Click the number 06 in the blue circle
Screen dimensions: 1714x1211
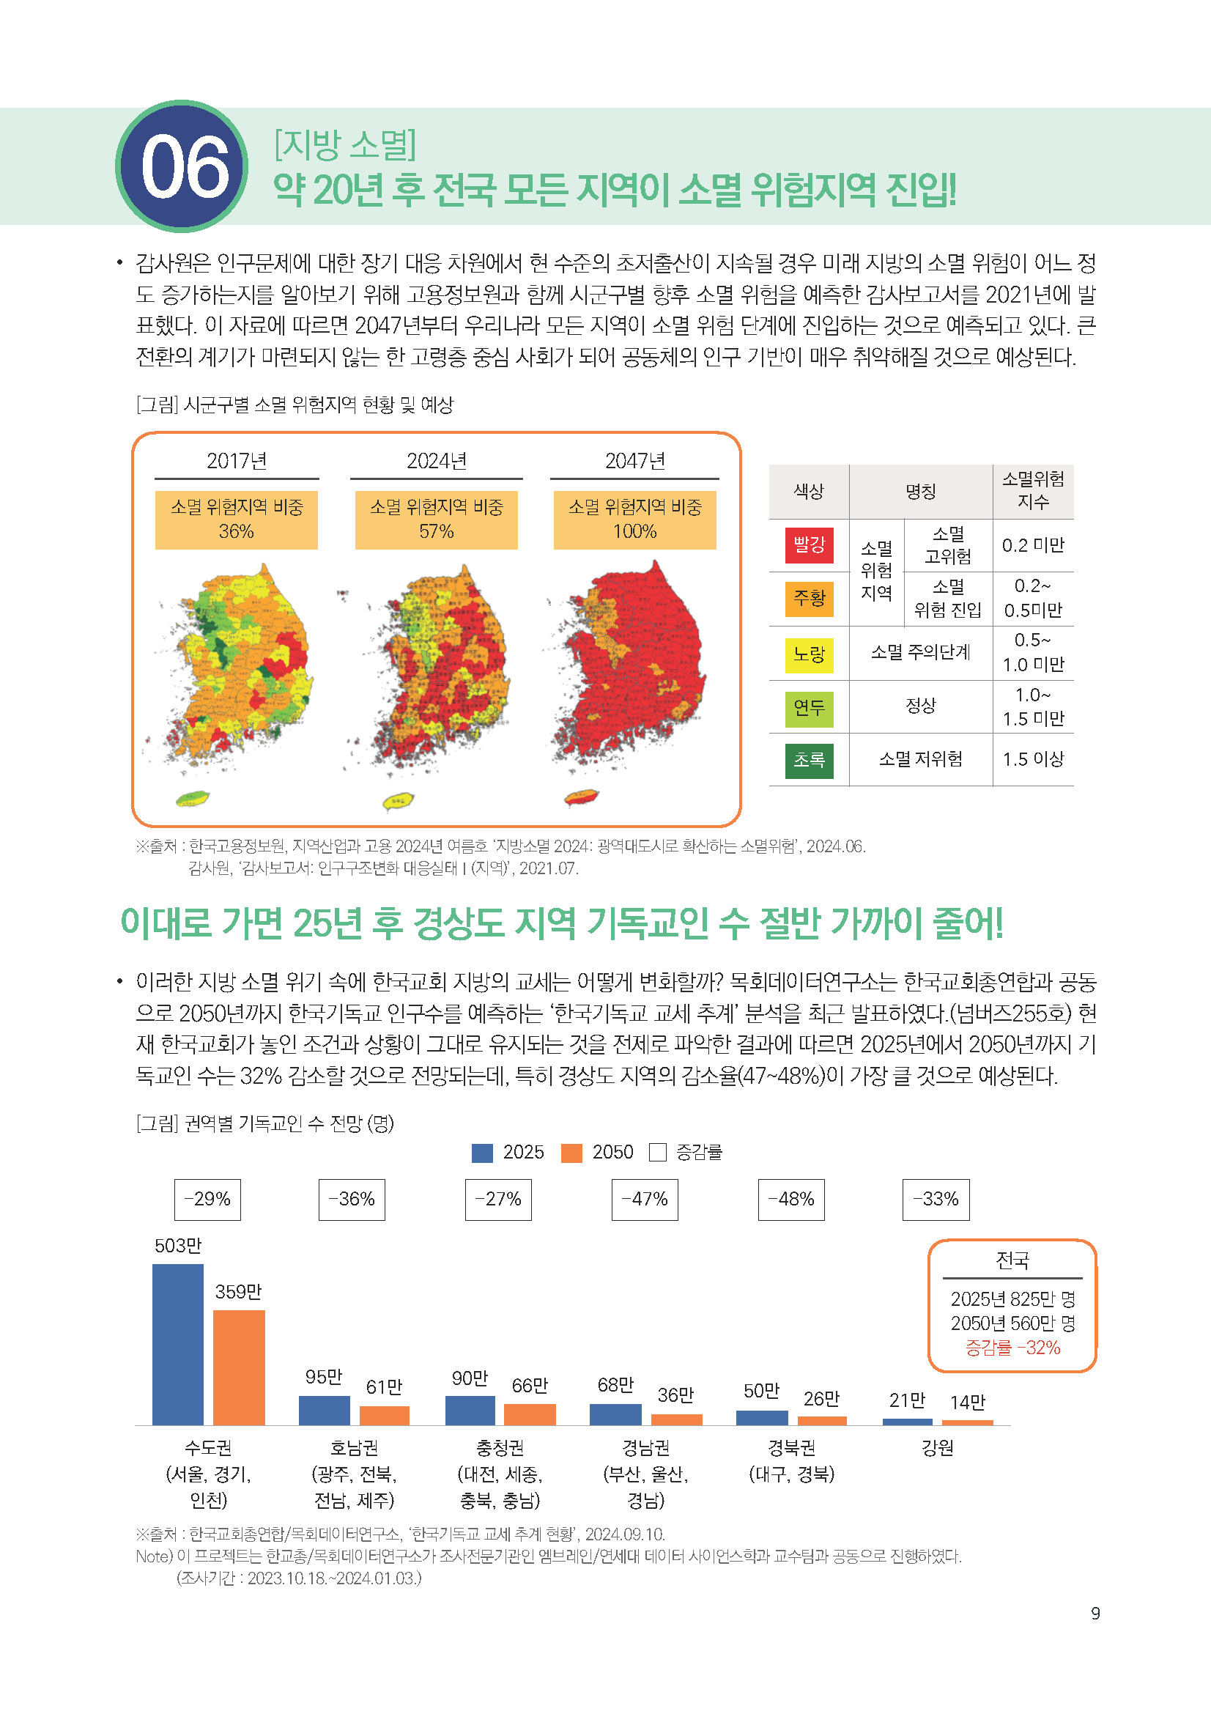click(184, 166)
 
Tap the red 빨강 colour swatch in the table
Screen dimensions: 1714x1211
click(809, 545)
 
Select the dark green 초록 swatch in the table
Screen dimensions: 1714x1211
click(809, 760)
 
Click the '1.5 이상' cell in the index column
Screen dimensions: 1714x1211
click(1033, 759)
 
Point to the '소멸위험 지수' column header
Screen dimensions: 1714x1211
click(1033, 490)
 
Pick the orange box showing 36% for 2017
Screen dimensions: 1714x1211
click(236, 520)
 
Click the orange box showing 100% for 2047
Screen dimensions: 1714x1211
click(634, 520)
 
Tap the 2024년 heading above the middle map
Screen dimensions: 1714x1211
click(437, 461)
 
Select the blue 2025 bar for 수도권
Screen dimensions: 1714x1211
click(177, 1344)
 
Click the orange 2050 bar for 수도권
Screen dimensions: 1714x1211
click(239, 1367)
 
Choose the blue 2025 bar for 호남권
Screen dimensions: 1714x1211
click(324, 1410)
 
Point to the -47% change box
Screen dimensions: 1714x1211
click(645, 1200)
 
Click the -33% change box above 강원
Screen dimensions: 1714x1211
click(936, 1200)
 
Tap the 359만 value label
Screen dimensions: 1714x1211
click(239, 1291)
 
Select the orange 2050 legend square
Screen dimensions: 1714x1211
click(571, 1153)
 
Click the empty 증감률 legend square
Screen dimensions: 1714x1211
click(657, 1153)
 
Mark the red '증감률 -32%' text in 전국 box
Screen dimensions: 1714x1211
click(1012, 1348)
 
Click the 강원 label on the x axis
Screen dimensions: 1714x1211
click(937, 1448)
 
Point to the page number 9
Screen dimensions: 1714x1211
click(1095, 1613)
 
